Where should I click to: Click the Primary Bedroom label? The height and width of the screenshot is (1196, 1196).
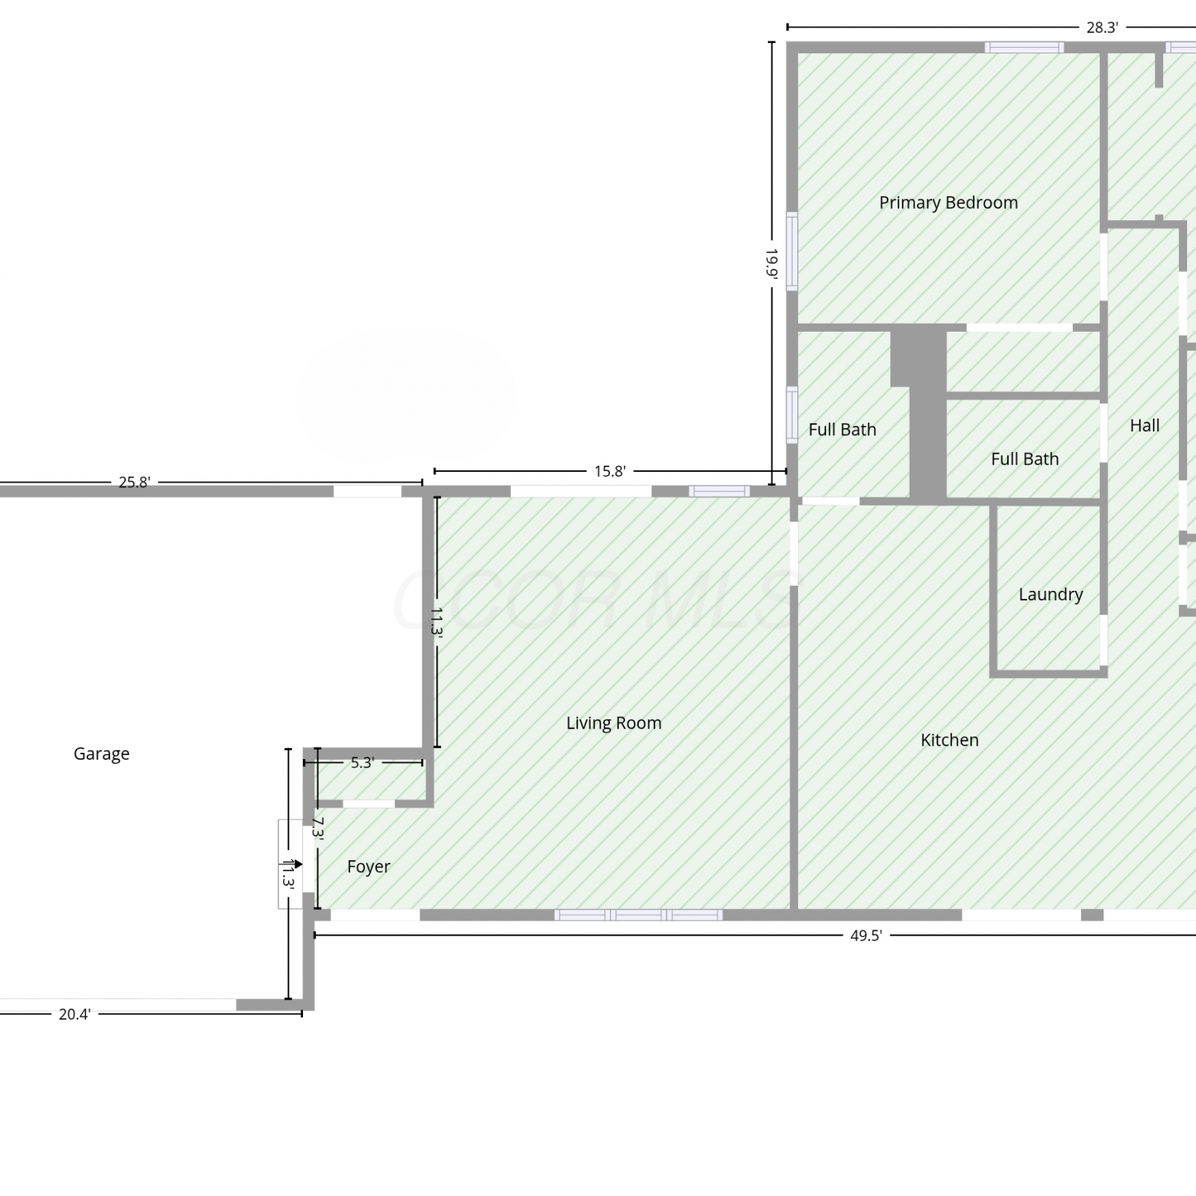tap(948, 203)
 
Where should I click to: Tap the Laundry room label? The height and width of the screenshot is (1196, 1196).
tap(1050, 594)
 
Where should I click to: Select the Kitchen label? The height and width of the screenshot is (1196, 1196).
tap(949, 740)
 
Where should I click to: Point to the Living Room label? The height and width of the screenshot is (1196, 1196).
tap(613, 723)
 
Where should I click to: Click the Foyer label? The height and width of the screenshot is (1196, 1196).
tap(368, 867)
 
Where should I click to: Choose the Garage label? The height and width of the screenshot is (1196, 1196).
tap(101, 753)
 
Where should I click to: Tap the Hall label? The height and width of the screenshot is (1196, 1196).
tap(1144, 426)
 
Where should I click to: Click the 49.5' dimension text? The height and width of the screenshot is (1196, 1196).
tap(866, 935)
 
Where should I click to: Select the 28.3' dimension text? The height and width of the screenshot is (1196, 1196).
tap(1102, 27)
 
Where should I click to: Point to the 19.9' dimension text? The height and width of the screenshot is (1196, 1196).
tap(771, 262)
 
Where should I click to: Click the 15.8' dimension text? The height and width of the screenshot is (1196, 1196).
tap(609, 471)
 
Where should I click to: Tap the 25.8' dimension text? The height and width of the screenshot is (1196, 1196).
tap(134, 482)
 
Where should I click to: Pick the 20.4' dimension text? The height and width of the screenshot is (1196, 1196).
tap(74, 1014)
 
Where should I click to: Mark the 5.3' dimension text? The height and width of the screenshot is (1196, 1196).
tap(362, 763)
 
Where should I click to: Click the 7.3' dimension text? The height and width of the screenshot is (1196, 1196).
tap(318, 828)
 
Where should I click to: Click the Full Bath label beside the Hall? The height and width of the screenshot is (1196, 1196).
tap(1025, 459)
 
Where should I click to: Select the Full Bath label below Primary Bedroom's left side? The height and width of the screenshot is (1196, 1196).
tap(842, 430)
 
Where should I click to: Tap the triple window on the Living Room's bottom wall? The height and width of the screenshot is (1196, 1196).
tap(639, 915)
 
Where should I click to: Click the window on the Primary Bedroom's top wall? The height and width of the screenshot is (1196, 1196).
tap(1024, 47)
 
